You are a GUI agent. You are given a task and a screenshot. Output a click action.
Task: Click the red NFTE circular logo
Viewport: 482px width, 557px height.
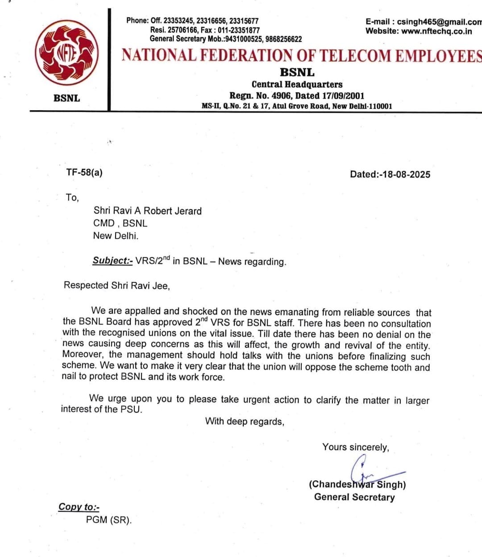click(67, 54)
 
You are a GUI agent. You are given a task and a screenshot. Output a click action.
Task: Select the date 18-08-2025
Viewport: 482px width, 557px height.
click(406, 175)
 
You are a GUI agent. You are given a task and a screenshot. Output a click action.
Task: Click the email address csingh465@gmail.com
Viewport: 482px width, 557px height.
click(439, 22)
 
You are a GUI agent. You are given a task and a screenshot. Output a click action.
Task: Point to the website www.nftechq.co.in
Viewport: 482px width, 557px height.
click(436, 31)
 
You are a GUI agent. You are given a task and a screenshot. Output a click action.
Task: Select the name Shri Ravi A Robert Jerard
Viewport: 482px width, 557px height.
click(147, 211)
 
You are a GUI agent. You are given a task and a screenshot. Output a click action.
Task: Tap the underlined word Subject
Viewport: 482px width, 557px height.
click(112, 261)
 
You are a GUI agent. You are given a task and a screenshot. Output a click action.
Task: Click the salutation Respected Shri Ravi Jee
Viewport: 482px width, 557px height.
click(116, 285)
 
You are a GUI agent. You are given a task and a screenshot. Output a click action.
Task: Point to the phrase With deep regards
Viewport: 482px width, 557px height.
click(245, 421)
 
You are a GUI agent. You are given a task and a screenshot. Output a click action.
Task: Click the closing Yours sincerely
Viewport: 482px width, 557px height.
click(356, 447)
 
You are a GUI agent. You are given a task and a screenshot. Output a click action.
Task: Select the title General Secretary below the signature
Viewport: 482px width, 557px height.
click(354, 497)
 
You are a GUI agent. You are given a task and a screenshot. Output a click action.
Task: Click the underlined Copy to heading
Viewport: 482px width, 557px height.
click(79, 507)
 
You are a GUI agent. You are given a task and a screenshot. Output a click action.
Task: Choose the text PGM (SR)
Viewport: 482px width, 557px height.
click(109, 520)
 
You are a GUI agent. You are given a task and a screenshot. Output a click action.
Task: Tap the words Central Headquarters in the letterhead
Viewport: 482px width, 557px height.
click(297, 84)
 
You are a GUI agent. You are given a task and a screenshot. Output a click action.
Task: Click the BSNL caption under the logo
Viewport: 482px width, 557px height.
click(66, 98)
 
